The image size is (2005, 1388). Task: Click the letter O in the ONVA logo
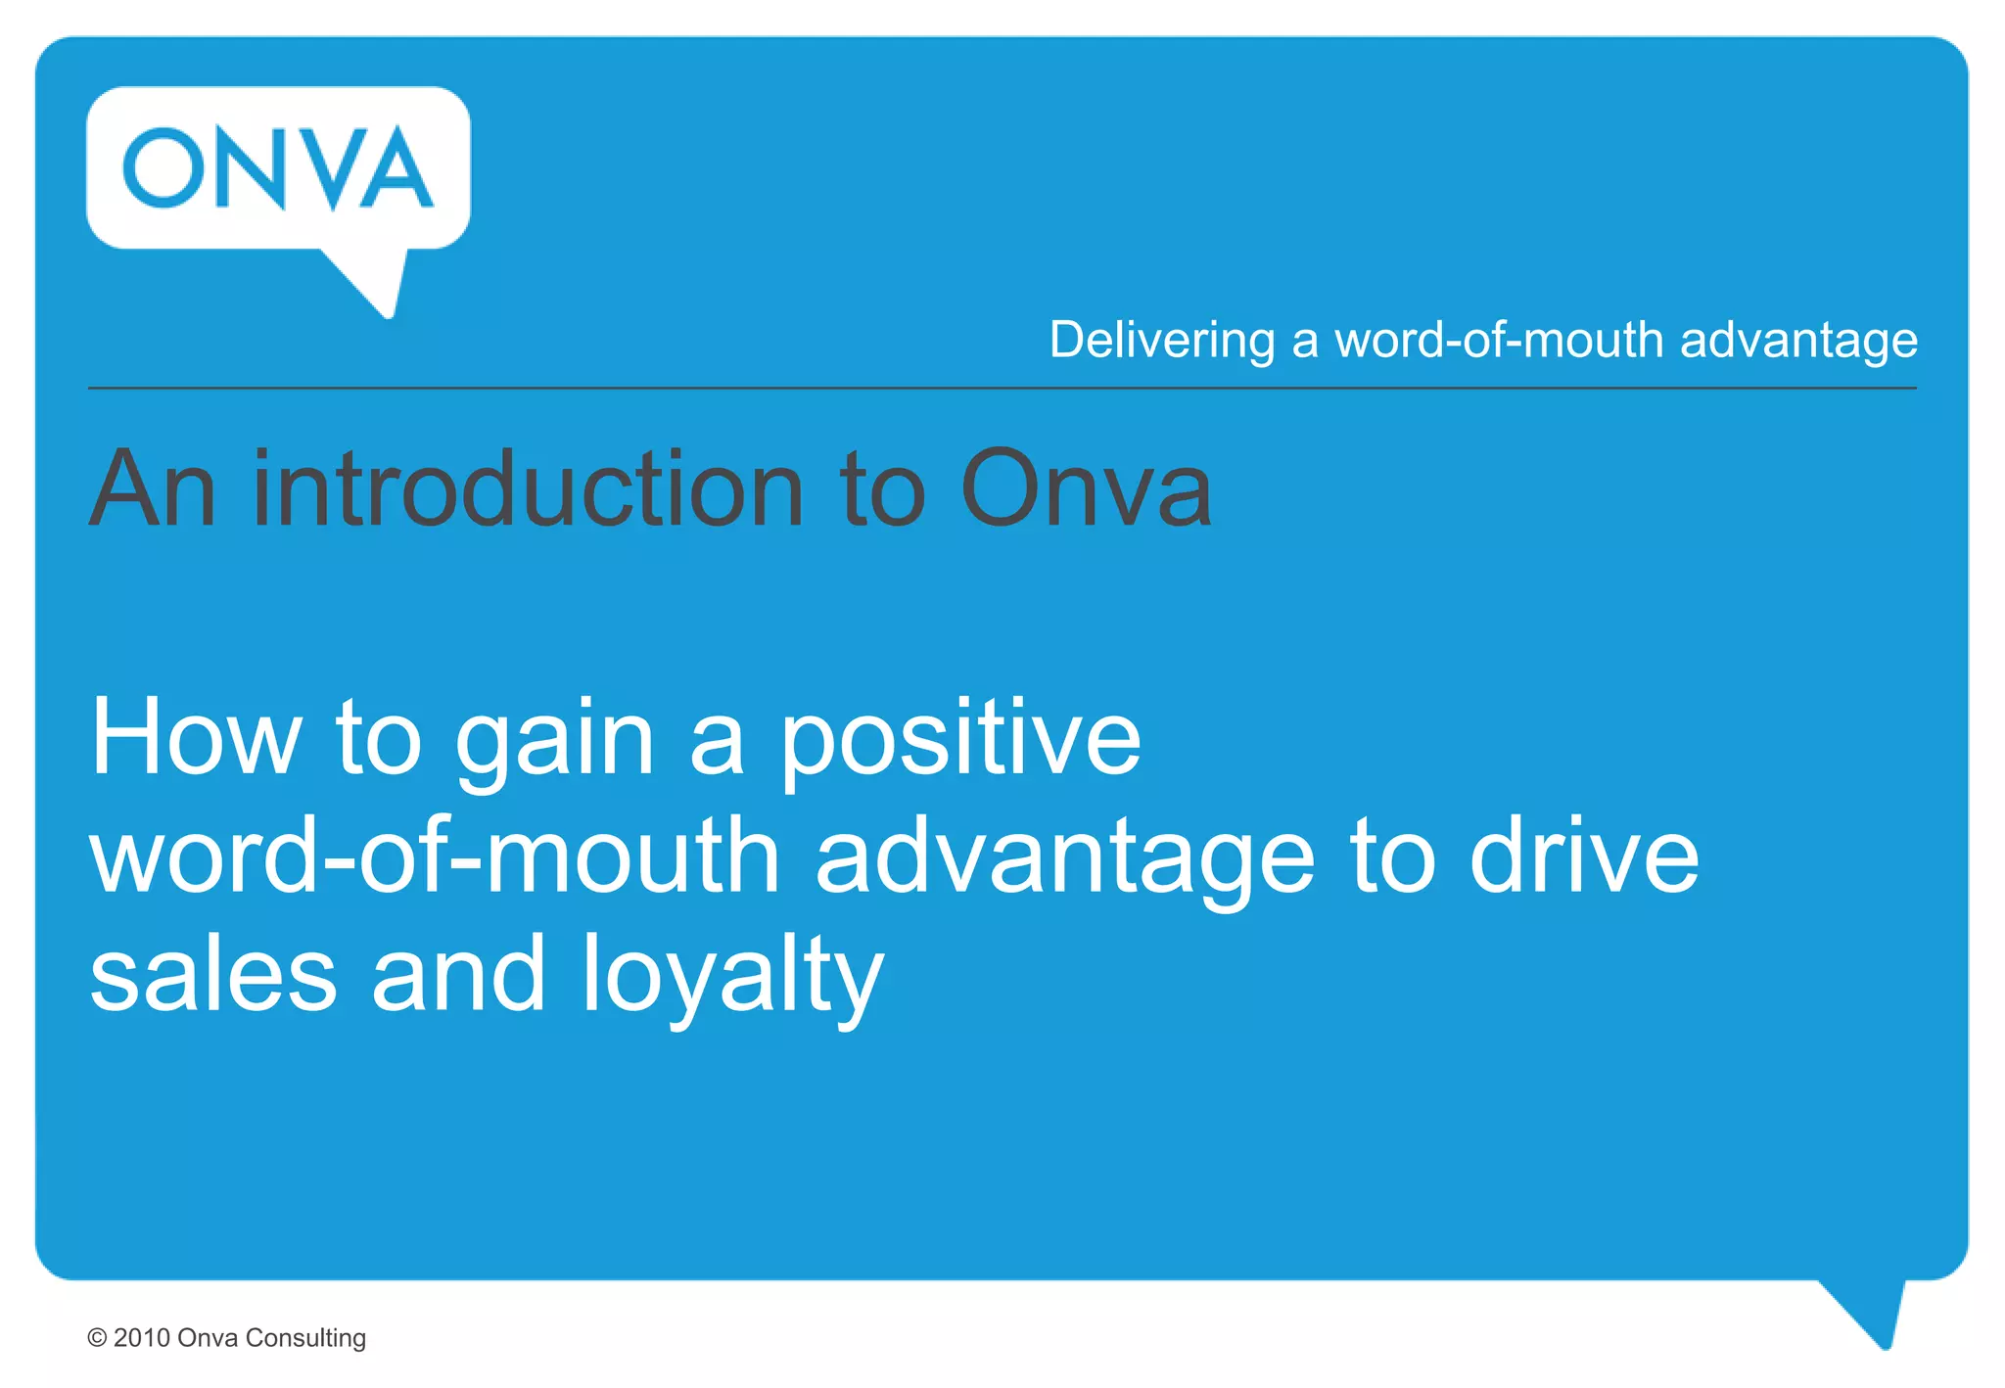163,168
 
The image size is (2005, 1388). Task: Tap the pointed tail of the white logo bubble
377,284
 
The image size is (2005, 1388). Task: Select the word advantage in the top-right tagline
1798,341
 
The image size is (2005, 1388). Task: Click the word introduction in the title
529,488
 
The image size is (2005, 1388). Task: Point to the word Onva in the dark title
1086,488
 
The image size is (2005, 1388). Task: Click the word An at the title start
153,488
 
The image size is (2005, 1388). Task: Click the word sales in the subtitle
213,975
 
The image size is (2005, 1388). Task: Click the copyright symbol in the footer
97,1338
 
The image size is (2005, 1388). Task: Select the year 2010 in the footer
142,1338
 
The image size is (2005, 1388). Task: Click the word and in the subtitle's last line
458,975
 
